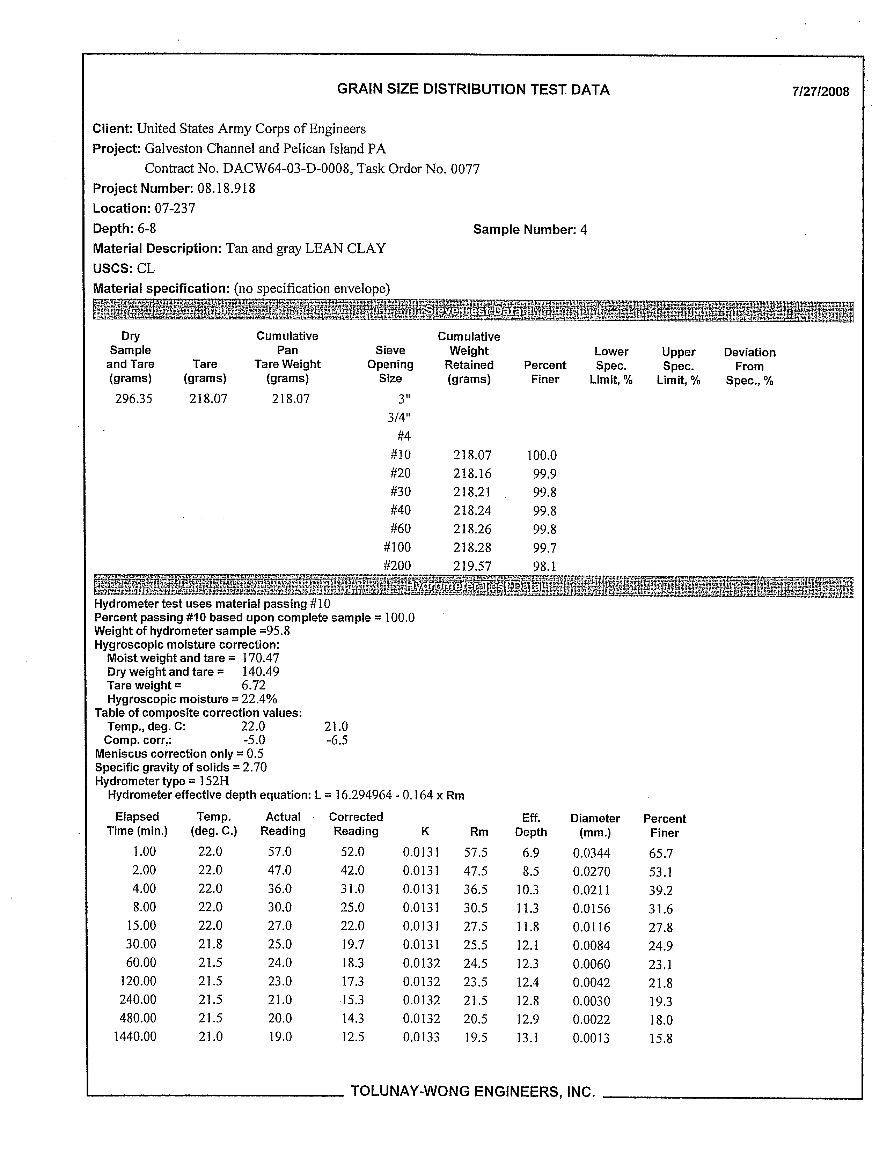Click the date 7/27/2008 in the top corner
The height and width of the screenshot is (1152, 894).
click(x=820, y=92)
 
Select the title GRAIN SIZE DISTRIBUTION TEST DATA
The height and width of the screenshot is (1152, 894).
click(x=473, y=90)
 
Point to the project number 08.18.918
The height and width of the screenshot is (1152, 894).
click(x=226, y=189)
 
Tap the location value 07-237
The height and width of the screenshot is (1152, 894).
click(x=175, y=208)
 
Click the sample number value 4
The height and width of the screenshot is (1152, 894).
click(x=583, y=230)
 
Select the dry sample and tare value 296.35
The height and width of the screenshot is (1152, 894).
click(x=133, y=399)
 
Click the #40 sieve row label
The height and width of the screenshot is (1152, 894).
click(x=400, y=510)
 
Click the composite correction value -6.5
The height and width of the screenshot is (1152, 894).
click(x=337, y=740)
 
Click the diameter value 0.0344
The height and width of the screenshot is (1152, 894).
click(x=591, y=852)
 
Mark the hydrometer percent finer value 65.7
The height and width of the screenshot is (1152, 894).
click(x=661, y=854)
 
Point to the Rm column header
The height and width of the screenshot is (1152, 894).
click(x=479, y=832)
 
